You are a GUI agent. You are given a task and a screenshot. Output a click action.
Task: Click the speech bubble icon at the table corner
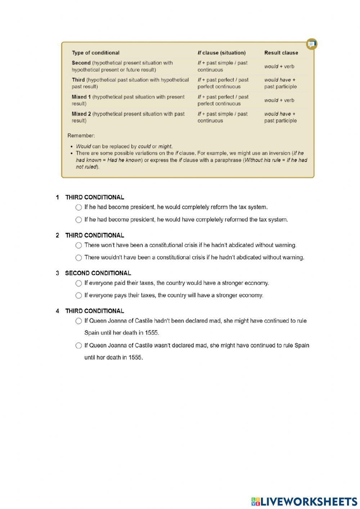tap(312, 44)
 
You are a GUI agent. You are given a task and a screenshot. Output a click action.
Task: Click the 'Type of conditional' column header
tap(95, 53)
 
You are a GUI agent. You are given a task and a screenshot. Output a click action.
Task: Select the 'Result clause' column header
tap(281, 53)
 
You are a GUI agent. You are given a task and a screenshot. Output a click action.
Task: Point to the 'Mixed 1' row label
tap(81, 97)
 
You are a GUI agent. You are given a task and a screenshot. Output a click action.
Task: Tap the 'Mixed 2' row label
tap(81, 114)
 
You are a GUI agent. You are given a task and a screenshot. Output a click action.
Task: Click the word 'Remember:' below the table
tap(81, 136)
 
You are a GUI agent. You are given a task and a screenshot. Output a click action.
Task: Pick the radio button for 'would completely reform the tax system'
tap(78, 207)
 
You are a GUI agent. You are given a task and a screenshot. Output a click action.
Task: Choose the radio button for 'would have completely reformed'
tap(78, 220)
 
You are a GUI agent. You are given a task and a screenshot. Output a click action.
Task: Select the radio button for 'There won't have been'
tap(78, 245)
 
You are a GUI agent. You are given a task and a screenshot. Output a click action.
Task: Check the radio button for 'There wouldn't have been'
tap(78, 258)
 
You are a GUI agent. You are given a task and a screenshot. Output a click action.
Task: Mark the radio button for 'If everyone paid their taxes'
tap(78, 283)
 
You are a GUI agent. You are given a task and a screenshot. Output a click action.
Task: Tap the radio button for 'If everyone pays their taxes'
tap(78, 295)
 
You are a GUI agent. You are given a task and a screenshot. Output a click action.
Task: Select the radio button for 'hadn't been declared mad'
tap(78, 321)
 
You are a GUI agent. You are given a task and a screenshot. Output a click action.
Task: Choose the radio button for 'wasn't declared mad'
tap(78, 345)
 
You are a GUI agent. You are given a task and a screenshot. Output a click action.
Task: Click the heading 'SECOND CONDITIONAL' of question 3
tap(98, 273)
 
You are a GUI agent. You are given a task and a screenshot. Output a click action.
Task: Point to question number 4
tap(57, 311)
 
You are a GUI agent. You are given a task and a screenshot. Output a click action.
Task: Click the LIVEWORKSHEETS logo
tap(304, 501)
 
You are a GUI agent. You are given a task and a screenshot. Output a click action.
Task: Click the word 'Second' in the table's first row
tap(81, 63)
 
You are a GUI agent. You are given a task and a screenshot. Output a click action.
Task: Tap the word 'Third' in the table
tap(78, 80)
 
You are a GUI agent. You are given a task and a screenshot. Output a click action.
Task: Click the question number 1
tap(57, 197)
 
